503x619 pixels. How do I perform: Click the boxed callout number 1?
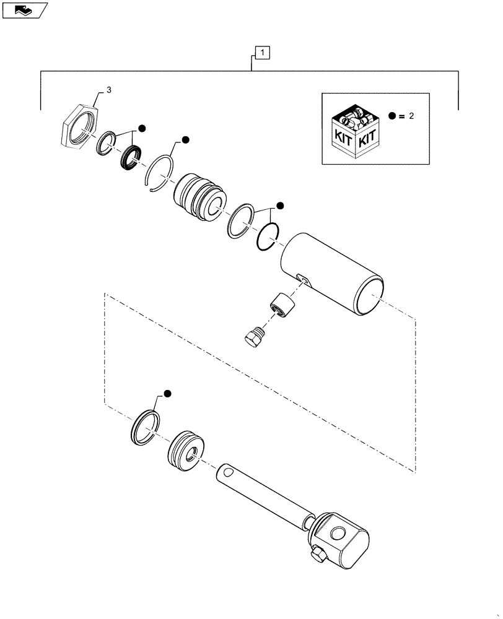point(263,54)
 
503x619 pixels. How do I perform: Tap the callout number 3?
point(109,90)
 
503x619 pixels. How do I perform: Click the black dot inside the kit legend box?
point(392,116)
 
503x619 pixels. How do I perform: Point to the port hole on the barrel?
point(301,279)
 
